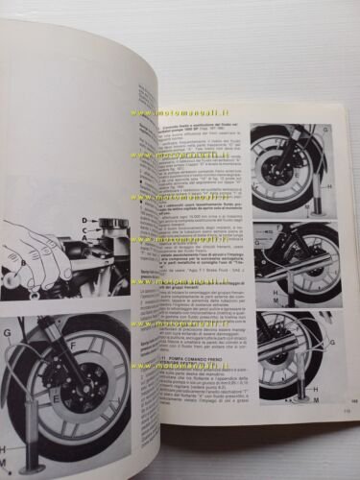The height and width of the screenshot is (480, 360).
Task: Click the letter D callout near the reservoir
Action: (x=85, y=223)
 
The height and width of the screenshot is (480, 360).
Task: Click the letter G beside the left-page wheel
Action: (x=9, y=335)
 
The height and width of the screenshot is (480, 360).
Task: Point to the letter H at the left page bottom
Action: (x=7, y=448)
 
